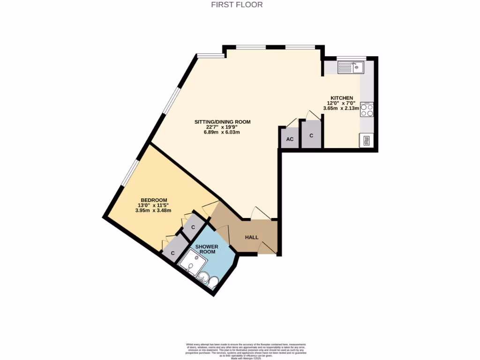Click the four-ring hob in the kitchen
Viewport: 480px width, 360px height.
pyautogui.click(x=367, y=110)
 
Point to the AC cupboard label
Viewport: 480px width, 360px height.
pyautogui.click(x=290, y=139)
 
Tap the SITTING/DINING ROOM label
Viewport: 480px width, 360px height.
pyautogui.click(x=223, y=122)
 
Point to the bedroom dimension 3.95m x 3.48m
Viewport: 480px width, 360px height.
pyautogui.click(x=153, y=210)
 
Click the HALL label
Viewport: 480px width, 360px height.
pyautogui.click(x=252, y=237)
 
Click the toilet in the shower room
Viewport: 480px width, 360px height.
pyautogui.click(x=213, y=282)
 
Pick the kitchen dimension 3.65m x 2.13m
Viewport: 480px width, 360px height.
pyautogui.click(x=341, y=108)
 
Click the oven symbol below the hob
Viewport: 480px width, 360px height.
pyautogui.click(x=366, y=140)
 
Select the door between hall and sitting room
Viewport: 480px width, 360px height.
pyautogui.click(x=261, y=214)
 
